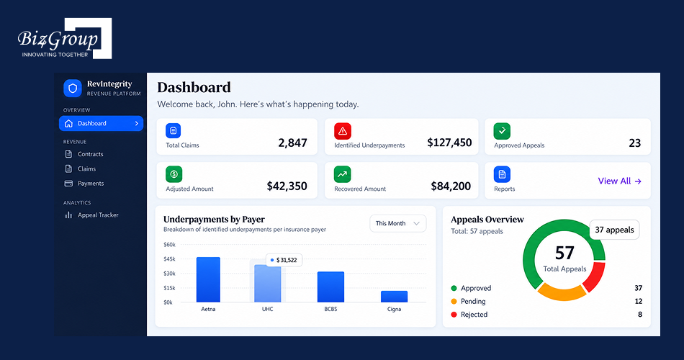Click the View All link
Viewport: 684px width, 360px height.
pos(619,181)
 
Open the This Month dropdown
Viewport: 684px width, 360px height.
pos(398,223)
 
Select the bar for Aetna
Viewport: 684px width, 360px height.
pos(208,279)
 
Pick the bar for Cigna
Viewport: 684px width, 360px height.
pos(394,297)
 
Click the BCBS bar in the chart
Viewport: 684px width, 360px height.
pos(330,287)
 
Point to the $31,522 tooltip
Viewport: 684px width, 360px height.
pos(284,260)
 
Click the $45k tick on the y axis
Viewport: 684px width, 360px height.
pos(169,259)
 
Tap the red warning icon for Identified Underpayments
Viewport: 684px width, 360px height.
pos(343,131)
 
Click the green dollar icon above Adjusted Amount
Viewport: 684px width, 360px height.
pos(174,174)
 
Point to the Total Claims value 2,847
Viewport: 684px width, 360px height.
pos(293,143)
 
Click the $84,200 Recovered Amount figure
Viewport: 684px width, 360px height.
pos(451,186)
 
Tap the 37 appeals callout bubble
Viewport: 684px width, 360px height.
pos(614,230)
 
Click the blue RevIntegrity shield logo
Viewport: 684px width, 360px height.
pos(73,88)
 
